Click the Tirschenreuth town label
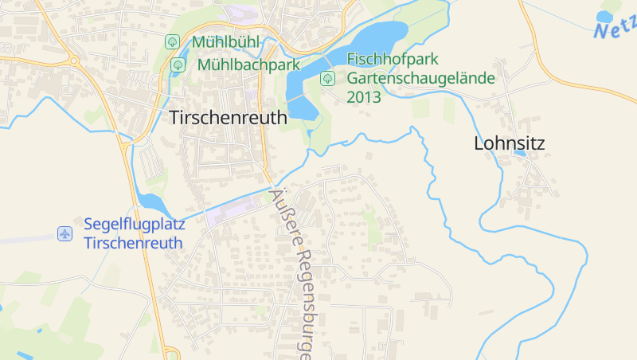(x=228, y=118)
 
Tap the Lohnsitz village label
(x=509, y=143)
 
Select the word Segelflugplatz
(x=132, y=225)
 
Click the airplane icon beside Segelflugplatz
(x=64, y=233)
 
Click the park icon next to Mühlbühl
(x=171, y=41)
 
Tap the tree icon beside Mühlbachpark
(x=178, y=65)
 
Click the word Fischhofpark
(x=393, y=60)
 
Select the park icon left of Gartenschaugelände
(x=326, y=78)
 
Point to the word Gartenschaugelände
(x=420, y=78)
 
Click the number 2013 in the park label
(x=364, y=97)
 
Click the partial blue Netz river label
(x=616, y=27)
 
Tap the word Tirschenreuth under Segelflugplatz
(x=133, y=243)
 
